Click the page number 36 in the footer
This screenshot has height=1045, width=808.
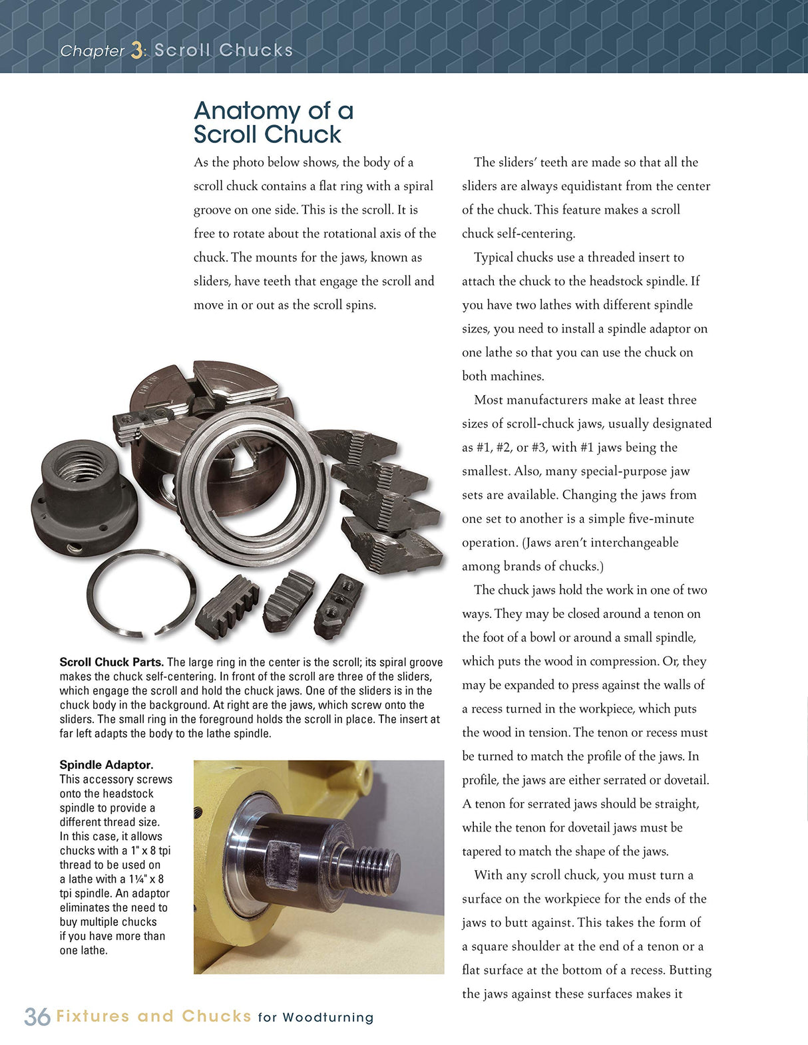coord(37,1016)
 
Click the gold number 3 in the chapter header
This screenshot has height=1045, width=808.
coord(136,51)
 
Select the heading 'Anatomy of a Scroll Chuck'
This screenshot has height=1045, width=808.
coord(273,122)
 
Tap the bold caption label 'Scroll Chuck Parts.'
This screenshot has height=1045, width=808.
coord(111,662)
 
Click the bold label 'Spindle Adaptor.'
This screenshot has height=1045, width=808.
coord(106,765)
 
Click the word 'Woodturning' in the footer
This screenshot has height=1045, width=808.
coord(327,1017)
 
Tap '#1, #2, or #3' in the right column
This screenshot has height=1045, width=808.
coord(515,448)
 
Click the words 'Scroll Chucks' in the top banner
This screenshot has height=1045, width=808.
coord(224,51)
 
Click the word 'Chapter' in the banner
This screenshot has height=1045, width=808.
coord(92,51)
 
